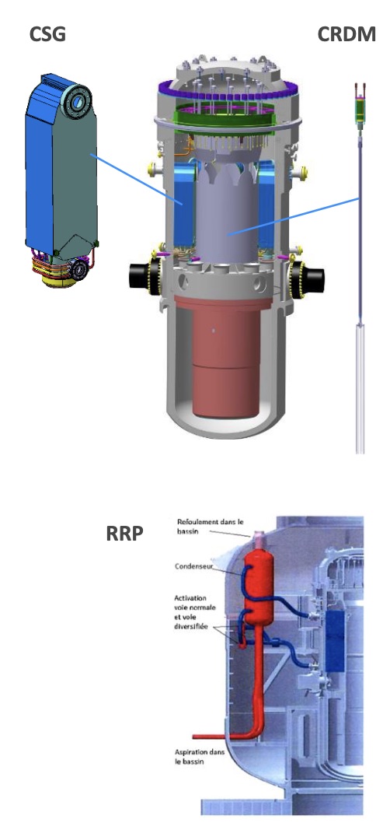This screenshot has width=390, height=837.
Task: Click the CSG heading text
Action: tap(47, 35)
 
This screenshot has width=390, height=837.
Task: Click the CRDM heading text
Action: tap(346, 34)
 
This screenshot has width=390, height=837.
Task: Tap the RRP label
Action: tap(124, 534)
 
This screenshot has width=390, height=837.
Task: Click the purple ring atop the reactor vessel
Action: tap(229, 92)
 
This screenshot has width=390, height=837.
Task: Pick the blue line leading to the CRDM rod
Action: tap(294, 216)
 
